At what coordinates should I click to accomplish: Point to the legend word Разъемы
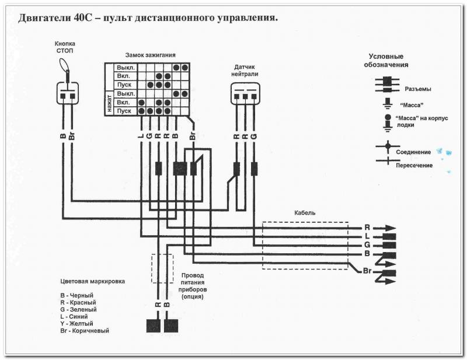(x=418, y=89)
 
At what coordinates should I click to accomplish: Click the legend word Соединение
(x=413, y=152)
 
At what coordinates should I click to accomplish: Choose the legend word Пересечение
(x=414, y=165)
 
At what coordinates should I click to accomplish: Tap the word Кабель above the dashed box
(x=305, y=213)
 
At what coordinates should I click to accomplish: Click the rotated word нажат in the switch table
(x=109, y=103)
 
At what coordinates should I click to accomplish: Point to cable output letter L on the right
(x=367, y=236)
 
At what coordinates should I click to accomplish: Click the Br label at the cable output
(x=367, y=271)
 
